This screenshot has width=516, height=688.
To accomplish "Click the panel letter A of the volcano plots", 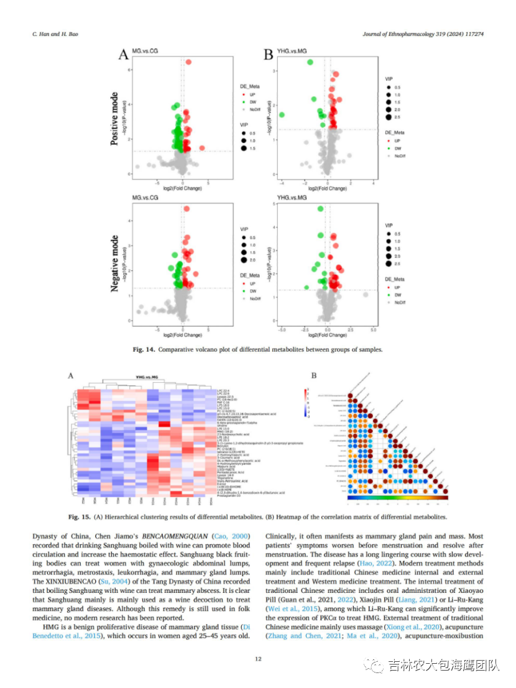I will coord(124,55).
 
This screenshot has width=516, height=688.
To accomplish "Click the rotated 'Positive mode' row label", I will coord(114,119).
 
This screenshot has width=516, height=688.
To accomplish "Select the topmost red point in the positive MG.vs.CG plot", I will coord(188,62).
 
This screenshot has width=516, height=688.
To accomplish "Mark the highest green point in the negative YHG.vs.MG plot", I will coord(321,209).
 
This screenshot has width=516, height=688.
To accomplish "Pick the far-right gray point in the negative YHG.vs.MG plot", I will coord(366,295).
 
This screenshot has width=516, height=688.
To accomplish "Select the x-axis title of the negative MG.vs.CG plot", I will coord(182,333).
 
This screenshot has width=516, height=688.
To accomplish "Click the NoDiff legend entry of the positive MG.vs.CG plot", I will coord(255,109).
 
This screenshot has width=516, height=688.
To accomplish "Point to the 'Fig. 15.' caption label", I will coord(80,516).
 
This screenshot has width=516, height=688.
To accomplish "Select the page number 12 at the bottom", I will coord(257,659).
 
